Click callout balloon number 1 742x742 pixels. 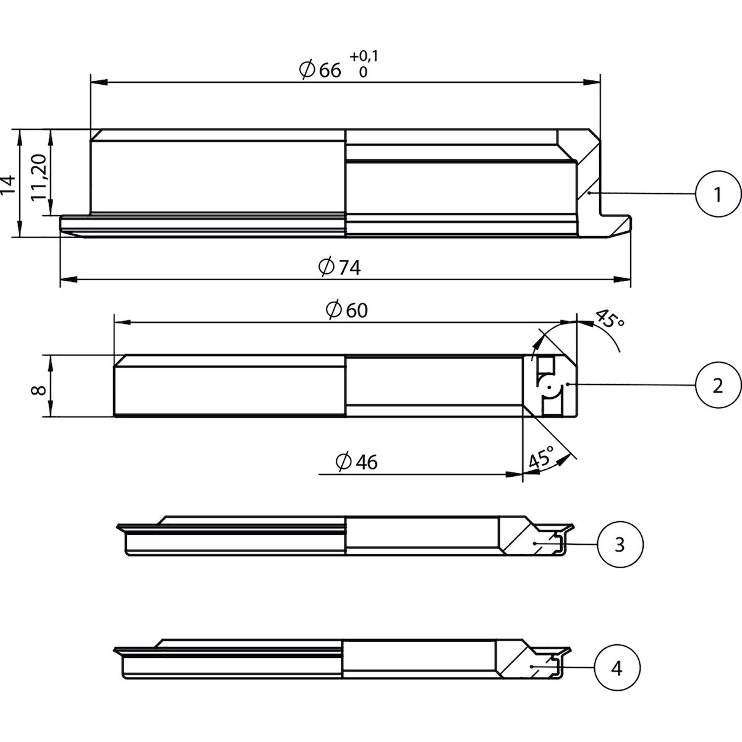pos(717,195)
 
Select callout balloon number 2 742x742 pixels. pos(717,385)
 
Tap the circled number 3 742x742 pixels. pos(620,544)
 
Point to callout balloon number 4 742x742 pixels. pos(616,668)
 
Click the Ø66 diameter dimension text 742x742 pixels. pos(320,70)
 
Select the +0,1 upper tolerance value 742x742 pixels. pos(364,57)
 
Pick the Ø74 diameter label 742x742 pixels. pos(339,267)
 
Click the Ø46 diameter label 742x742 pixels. pos(356,462)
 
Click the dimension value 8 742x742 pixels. pos(39,391)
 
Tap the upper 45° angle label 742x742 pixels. pos(610,320)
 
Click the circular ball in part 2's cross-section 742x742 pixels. pos(548,388)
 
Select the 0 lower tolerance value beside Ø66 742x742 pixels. pos(363,71)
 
